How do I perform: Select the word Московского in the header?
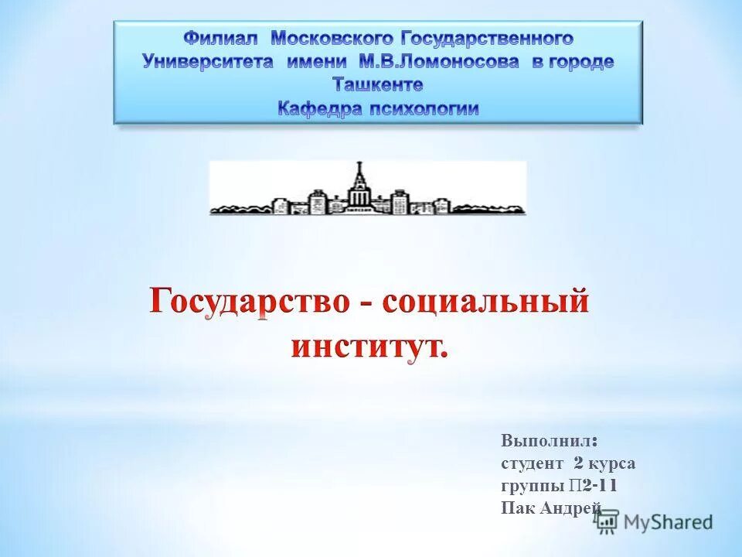332,38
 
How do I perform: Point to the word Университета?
208,62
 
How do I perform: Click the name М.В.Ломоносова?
439,62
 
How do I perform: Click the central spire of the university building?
358,174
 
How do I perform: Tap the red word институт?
367,344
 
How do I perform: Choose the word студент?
533,463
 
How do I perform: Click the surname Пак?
516,508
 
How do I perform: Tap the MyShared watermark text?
669,522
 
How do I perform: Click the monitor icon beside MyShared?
607,522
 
